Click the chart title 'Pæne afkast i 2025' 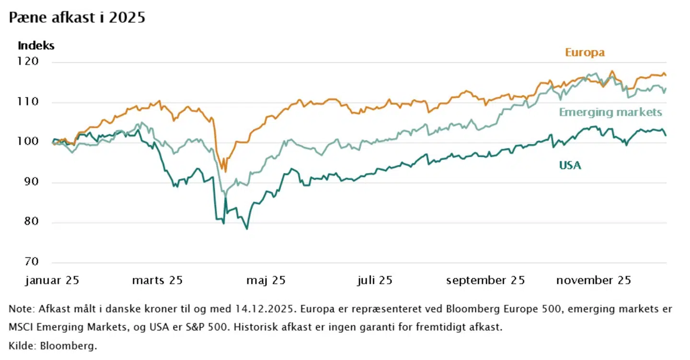(77, 18)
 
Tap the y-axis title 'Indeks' (36, 46)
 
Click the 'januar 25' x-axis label (52, 280)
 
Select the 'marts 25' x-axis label (157, 280)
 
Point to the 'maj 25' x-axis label (266, 280)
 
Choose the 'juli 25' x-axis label (375, 280)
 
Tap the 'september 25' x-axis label (485, 280)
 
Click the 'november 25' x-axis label (594, 280)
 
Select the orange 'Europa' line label (585, 53)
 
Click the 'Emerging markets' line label (610, 112)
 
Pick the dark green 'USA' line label (570, 165)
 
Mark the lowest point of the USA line (247, 229)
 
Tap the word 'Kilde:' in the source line (22, 345)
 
